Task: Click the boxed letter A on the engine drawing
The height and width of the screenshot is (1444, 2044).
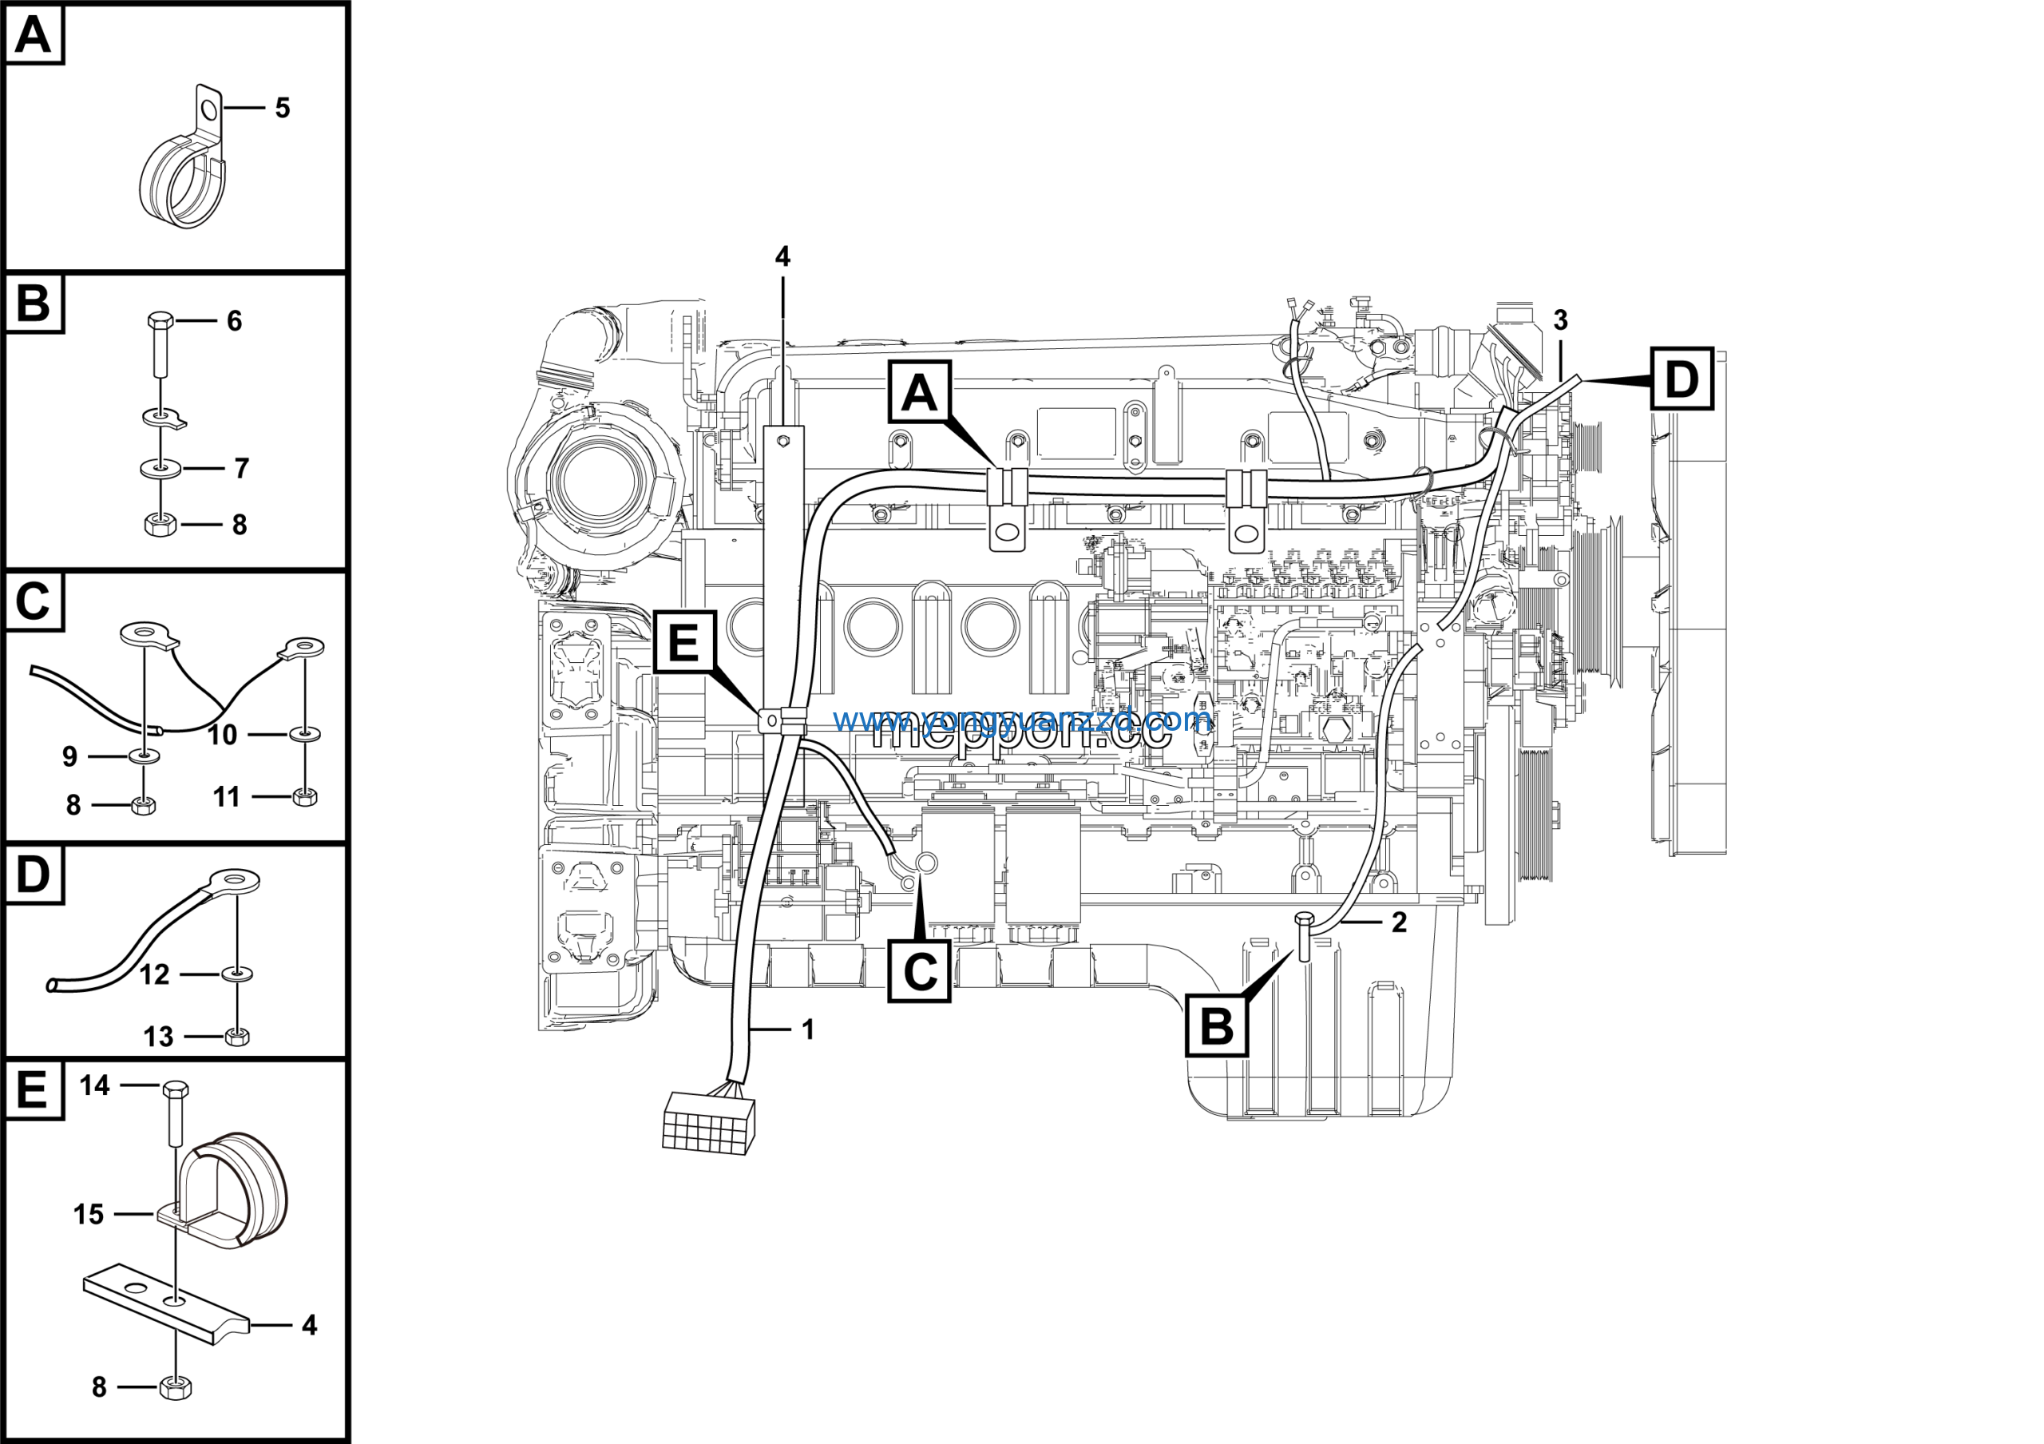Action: [920, 393]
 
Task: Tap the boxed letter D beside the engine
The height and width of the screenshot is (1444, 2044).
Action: [1682, 379]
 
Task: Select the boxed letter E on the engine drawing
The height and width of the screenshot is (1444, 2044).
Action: [683, 642]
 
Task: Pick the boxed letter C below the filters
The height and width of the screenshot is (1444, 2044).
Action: [920, 971]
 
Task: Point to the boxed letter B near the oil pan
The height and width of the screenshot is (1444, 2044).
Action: [1216, 1025]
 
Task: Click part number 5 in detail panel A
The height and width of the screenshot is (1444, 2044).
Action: [282, 109]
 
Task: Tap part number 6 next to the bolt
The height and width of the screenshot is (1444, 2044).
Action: [234, 320]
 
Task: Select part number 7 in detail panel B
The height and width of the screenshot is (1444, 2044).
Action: [241, 468]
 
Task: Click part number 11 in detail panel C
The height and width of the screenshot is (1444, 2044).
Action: [226, 797]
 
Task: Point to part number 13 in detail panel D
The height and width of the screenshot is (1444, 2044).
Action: [158, 1036]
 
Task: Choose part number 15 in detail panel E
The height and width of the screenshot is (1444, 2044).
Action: [89, 1214]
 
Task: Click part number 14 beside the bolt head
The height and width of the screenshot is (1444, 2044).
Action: [95, 1085]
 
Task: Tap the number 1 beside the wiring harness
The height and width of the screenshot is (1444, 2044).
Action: [808, 1029]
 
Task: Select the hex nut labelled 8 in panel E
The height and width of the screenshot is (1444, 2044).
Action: [176, 1387]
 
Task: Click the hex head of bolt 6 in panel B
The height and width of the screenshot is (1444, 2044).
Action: [160, 319]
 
